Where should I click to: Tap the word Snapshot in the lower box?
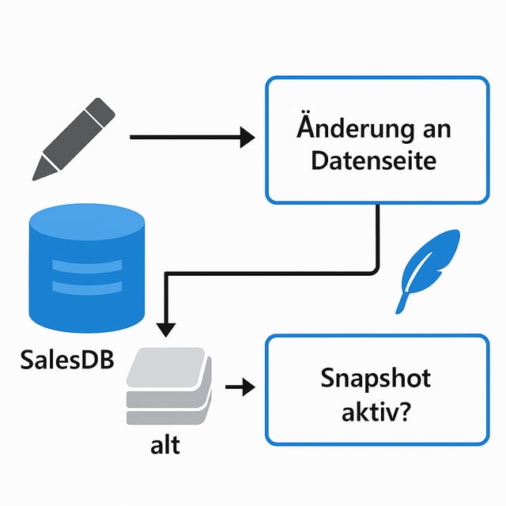pos(376,379)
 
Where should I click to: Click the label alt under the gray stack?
pos(165,444)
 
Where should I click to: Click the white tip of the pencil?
pos(44,167)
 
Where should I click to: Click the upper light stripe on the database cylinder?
pos(86,263)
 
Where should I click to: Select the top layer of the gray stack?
pos(171,364)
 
